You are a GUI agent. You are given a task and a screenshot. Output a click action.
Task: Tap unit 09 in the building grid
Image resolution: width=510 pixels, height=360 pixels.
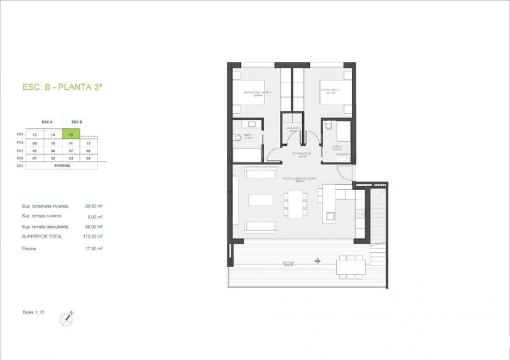coord(35,143)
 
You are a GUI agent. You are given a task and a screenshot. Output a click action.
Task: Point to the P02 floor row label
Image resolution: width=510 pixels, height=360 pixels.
coord(20,143)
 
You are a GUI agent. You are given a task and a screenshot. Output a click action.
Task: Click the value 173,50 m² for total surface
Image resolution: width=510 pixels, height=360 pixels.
coord(94,236)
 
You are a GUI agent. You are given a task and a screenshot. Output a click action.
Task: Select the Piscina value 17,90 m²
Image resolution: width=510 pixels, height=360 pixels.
coord(94,248)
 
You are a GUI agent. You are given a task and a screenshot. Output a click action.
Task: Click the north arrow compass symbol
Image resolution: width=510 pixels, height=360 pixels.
coord(68,316)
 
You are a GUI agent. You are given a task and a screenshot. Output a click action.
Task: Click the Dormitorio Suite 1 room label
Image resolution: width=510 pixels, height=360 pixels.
coord(258,93)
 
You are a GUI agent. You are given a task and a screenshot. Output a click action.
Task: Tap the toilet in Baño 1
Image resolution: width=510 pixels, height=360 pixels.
coord(237,137)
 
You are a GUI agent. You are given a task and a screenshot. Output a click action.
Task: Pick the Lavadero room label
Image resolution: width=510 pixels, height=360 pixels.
coord(293,128)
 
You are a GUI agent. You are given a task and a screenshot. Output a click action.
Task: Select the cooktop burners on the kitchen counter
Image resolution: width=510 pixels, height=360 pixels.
coord(361,217)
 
